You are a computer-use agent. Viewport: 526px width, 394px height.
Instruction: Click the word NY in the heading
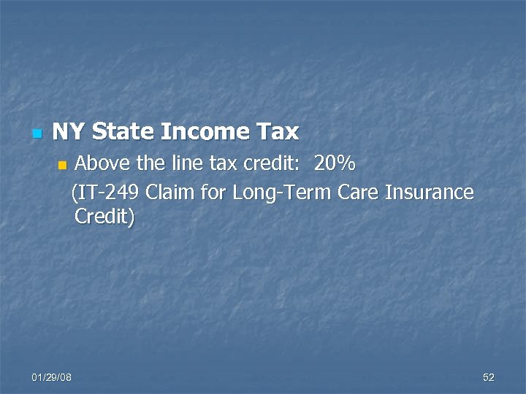pos(68,131)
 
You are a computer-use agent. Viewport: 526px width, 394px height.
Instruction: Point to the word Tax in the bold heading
pos(278,131)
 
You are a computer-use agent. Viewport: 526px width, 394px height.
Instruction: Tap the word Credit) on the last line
pos(104,217)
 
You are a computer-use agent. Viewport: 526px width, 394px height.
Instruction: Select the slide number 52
pos(489,377)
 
